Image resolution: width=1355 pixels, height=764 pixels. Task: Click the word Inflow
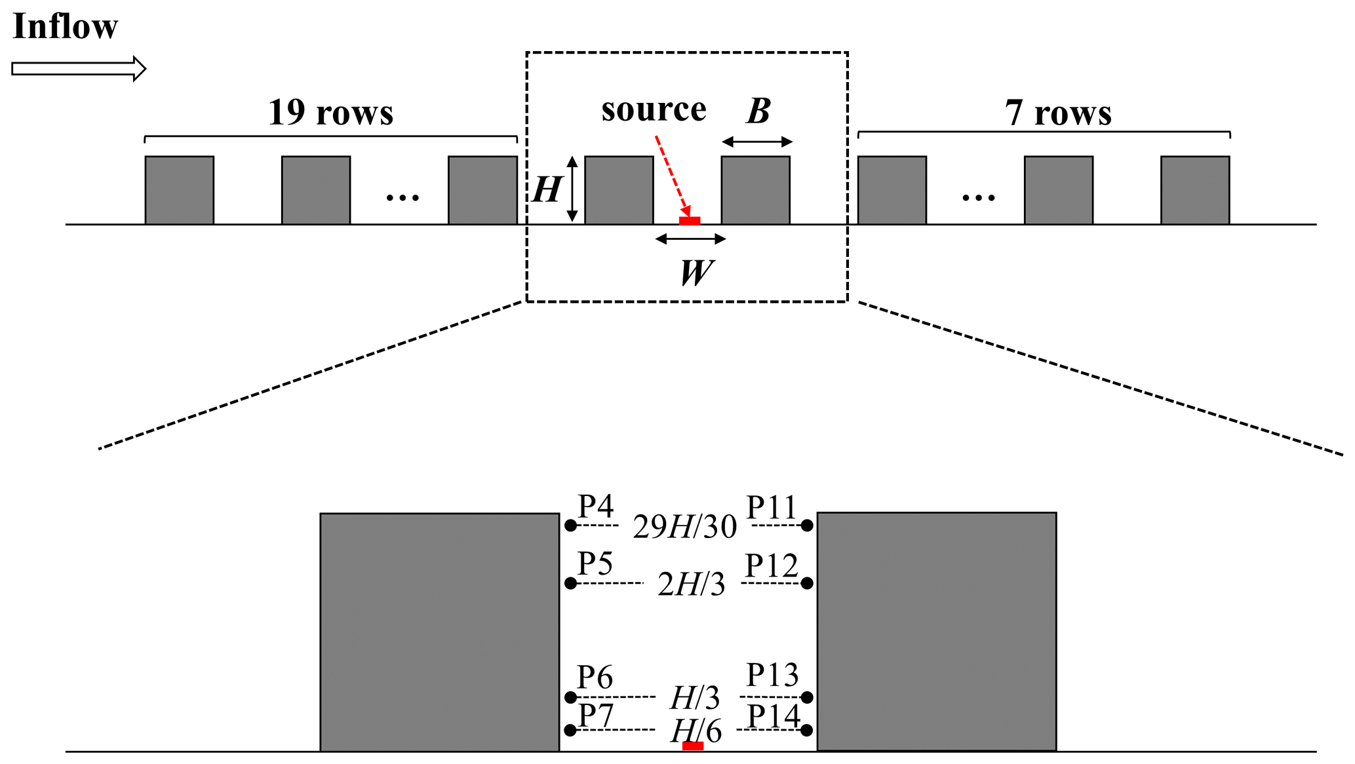[x=65, y=27]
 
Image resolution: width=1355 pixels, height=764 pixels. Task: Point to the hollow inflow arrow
[x=79, y=68]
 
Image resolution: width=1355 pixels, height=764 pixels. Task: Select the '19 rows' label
[x=330, y=112]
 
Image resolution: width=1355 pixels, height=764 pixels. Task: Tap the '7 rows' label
[x=1058, y=113]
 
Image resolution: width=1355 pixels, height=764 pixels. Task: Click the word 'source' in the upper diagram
[x=654, y=109]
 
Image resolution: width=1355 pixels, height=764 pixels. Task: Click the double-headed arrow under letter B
[x=757, y=142]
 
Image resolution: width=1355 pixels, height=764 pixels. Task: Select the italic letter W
[x=696, y=273]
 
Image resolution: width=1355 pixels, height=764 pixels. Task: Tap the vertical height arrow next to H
[x=572, y=189]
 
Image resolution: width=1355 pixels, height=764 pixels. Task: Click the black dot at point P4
[x=570, y=525]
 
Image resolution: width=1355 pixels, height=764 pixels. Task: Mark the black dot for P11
[x=807, y=525]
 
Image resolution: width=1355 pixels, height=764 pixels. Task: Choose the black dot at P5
[x=570, y=583]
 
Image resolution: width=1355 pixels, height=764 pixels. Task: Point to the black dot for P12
[x=807, y=583]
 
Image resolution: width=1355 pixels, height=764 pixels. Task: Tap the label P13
[x=772, y=676]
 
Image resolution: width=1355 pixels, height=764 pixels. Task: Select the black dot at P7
[x=570, y=730]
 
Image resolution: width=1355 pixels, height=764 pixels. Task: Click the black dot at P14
[x=807, y=730]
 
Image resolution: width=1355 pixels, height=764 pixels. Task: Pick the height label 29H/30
[x=684, y=527]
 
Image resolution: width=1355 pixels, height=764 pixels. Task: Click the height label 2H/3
[x=691, y=584]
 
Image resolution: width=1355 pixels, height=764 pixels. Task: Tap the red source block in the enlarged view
[x=693, y=746]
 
